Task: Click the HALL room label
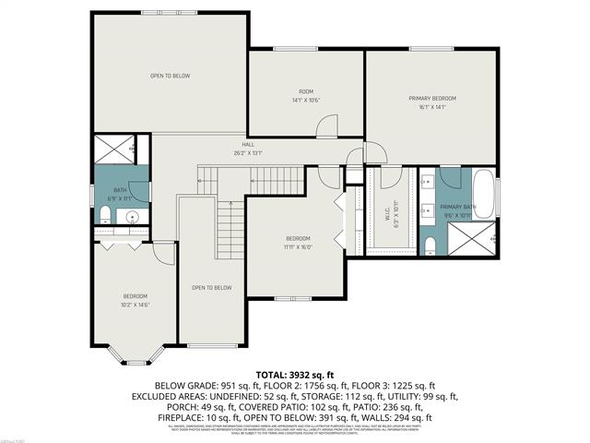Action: click(248, 145)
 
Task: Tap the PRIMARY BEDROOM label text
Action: click(432, 98)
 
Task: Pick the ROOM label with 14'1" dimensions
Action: click(306, 91)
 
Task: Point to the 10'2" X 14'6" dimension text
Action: click(135, 305)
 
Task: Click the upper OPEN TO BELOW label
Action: click(170, 76)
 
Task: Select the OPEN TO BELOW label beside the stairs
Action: click(211, 288)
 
